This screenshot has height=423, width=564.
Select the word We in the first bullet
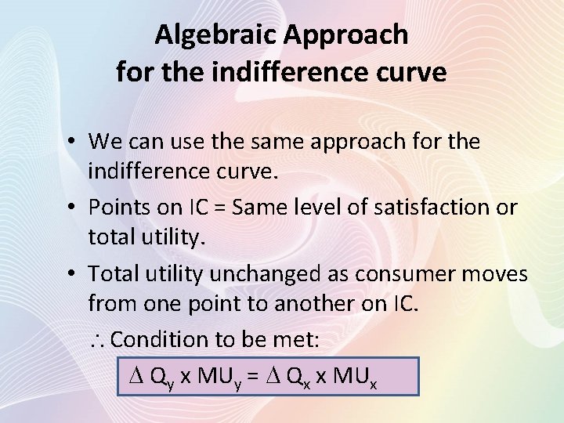(x=104, y=142)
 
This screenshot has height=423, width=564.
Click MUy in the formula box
(x=218, y=376)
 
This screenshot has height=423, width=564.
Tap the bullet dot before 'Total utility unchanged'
(x=70, y=273)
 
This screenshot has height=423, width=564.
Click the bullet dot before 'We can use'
(x=70, y=142)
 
